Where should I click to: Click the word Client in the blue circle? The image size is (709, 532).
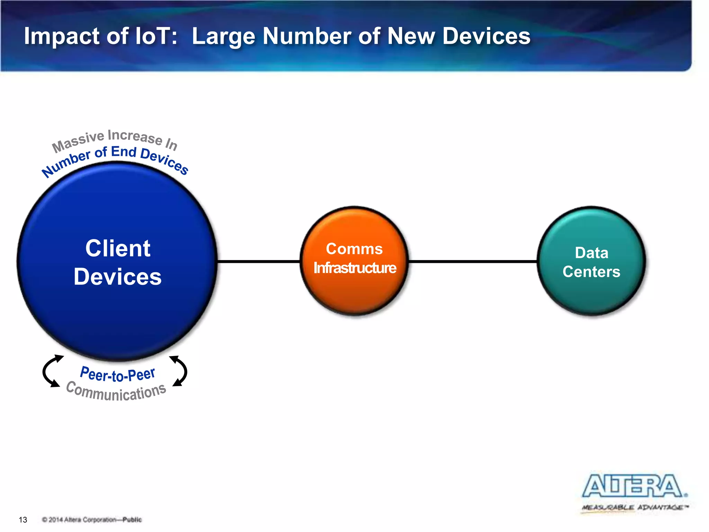click(x=118, y=248)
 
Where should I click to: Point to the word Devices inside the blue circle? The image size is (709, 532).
click(x=118, y=277)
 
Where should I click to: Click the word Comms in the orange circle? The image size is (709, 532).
click(x=354, y=249)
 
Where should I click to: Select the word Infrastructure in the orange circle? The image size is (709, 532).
click(x=354, y=268)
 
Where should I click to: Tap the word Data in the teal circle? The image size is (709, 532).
click(x=591, y=253)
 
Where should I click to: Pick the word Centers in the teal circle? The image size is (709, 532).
click(x=591, y=272)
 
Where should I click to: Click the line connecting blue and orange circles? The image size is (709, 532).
click(x=258, y=261)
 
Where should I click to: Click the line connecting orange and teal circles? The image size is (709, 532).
click(x=473, y=261)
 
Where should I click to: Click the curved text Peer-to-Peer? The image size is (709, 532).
click(x=117, y=374)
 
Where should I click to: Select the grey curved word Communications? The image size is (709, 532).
click(x=116, y=392)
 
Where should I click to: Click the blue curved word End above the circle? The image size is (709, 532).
click(x=124, y=152)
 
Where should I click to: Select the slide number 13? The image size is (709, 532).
click(x=23, y=520)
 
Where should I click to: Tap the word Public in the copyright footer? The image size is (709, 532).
click(x=132, y=520)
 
